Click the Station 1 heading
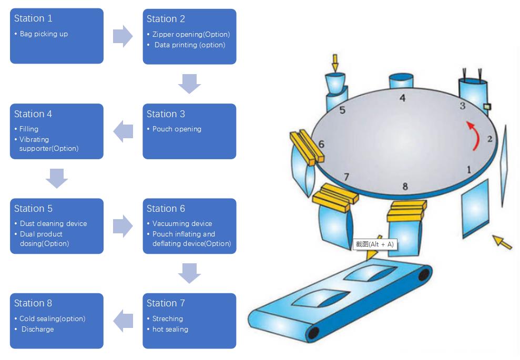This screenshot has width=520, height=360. pos(33,18)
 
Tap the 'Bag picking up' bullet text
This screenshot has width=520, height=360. pos(44,34)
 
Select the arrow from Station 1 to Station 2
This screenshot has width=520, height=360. pos(123,36)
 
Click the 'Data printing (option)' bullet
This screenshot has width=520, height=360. pos(190,45)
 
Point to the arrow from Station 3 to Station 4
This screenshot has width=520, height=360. pos(123,131)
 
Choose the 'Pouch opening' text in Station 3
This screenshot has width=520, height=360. pos(177,129)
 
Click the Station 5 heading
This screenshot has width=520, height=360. pos(33,209)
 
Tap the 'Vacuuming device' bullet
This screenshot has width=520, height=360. pos(182,224)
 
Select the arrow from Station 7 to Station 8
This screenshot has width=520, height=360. pos(123,321)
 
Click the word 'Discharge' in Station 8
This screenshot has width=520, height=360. pos(37,330)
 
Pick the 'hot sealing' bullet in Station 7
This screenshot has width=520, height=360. pos(170,330)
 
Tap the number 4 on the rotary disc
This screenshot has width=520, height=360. pos(402,98)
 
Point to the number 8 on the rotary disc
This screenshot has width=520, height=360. pos(405,186)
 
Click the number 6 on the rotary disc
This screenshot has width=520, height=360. pos(321,145)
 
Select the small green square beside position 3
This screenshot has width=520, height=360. pos(487,107)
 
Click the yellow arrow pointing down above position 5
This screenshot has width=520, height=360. pos(335,63)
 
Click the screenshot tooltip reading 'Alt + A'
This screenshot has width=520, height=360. pos(374,244)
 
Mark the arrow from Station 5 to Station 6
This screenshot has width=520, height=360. pos(123,226)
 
